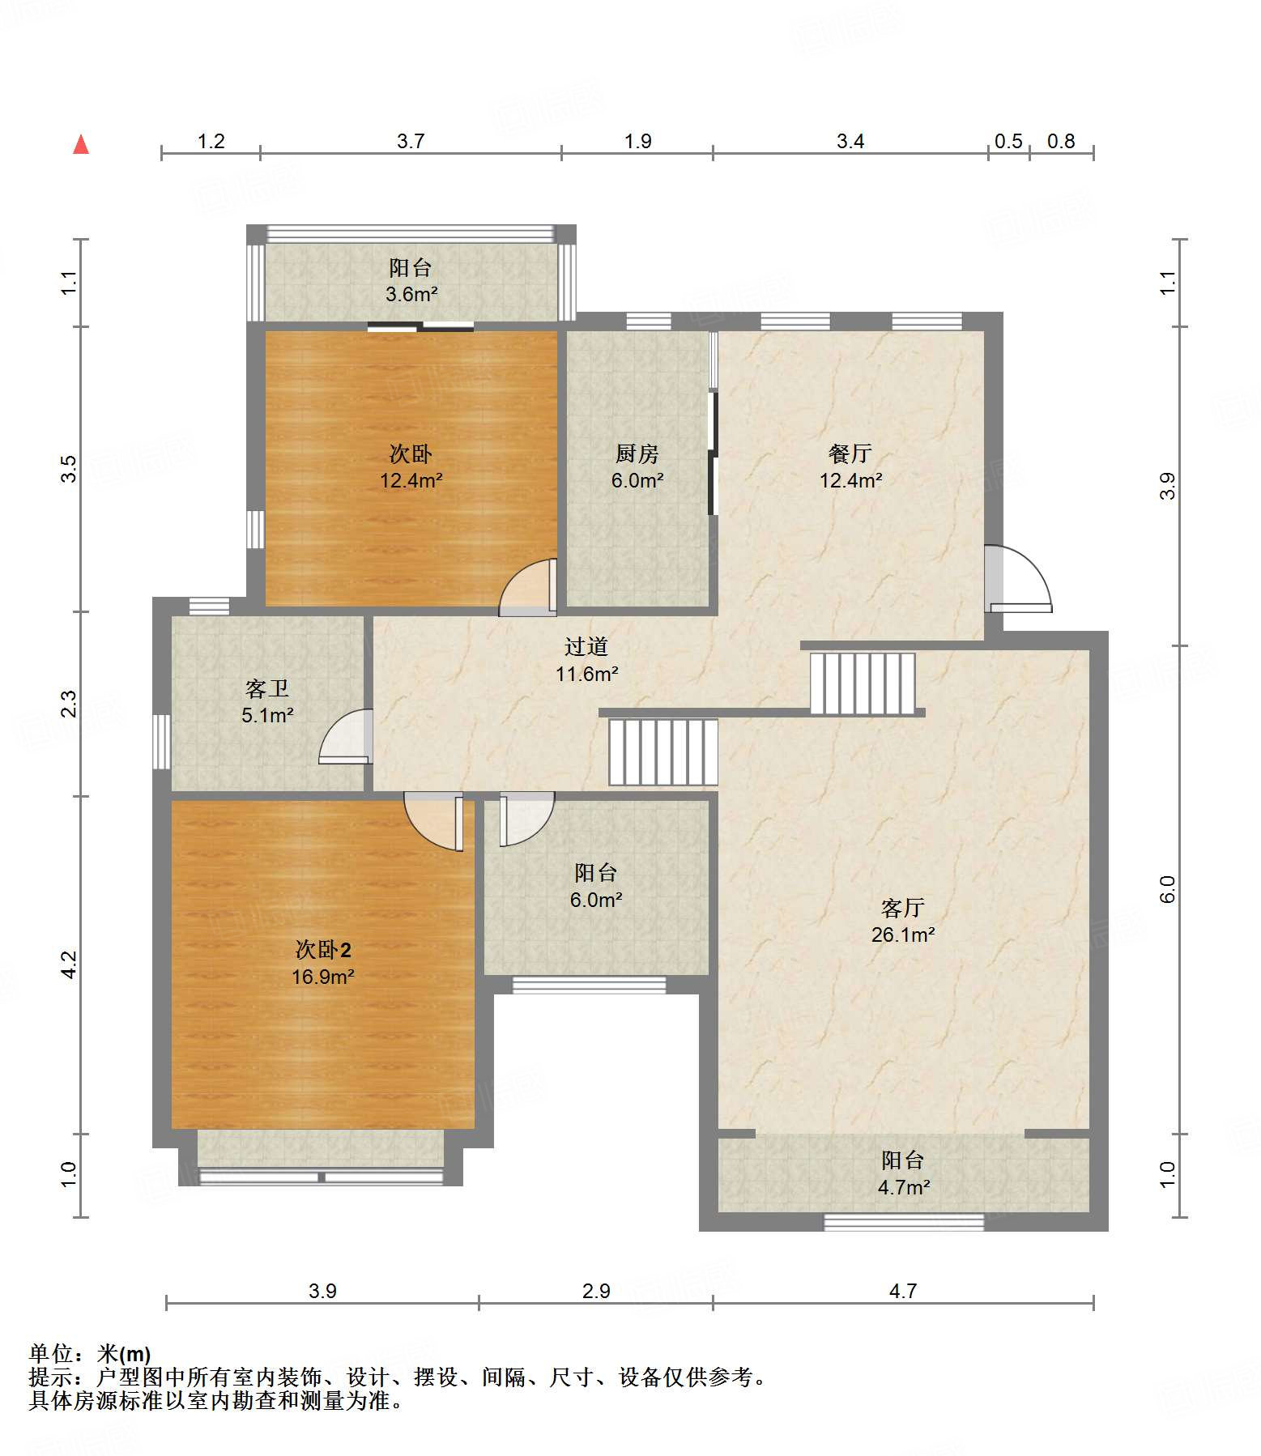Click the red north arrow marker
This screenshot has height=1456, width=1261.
click(81, 144)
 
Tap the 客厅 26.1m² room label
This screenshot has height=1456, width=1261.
click(903, 921)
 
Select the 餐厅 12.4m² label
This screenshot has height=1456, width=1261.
click(850, 466)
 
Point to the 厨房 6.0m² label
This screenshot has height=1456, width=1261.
click(637, 466)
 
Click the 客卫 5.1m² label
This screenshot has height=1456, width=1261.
click(267, 701)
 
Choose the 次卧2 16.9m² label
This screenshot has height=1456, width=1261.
click(322, 963)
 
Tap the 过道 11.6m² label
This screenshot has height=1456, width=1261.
click(586, 660)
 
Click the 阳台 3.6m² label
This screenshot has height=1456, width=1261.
click(411, 280)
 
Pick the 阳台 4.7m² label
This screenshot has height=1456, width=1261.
click(903, 1173)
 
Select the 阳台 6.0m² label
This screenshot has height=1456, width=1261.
click(596, 886)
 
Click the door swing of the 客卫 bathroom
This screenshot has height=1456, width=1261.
click(346, 736)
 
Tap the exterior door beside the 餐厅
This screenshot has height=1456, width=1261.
click(1018, 578)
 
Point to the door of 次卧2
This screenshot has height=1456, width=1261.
click(434, 821)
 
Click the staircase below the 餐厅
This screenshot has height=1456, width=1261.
click(863, 683)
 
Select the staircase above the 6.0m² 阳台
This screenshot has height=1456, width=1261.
click(663, 751)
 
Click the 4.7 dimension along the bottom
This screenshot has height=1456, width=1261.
click(903, 1291)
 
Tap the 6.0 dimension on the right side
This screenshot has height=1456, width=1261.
click(1167, 889)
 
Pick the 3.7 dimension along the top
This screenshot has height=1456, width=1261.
click(411, 141)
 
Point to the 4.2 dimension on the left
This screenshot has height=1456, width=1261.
click(70, 964)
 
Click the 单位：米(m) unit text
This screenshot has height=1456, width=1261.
click(90, 1353)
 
